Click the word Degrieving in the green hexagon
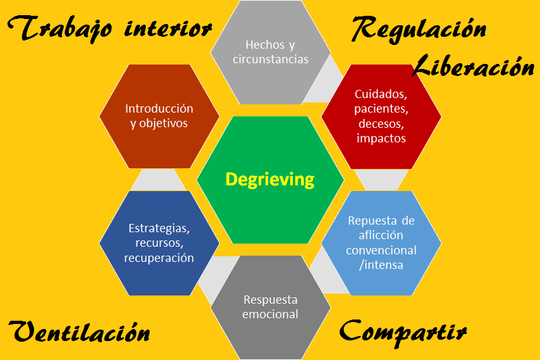pyautogui.click(x=270, y=180)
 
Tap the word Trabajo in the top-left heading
pyautogui.click(x=61, y=28)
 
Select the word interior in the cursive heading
pyautogui.click(x=167, y=28)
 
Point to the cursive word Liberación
pyautogui.click(x=473, y=65)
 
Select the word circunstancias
pyautogui.click(x=270, y=59)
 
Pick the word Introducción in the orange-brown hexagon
pyautogui.click(x=159, y=109)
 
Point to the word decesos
pyautogui.click(x=381, y=123)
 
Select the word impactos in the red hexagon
pyautogui.click(x=381, y=138)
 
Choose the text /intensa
pyautogui.click(x=381, y=264)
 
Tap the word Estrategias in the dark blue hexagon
pyautogui.click(x=159, y=228)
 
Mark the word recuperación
pyautogui.click(x=159, y=258)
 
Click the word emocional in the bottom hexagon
pyautogui.click(x=270, y=314)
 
